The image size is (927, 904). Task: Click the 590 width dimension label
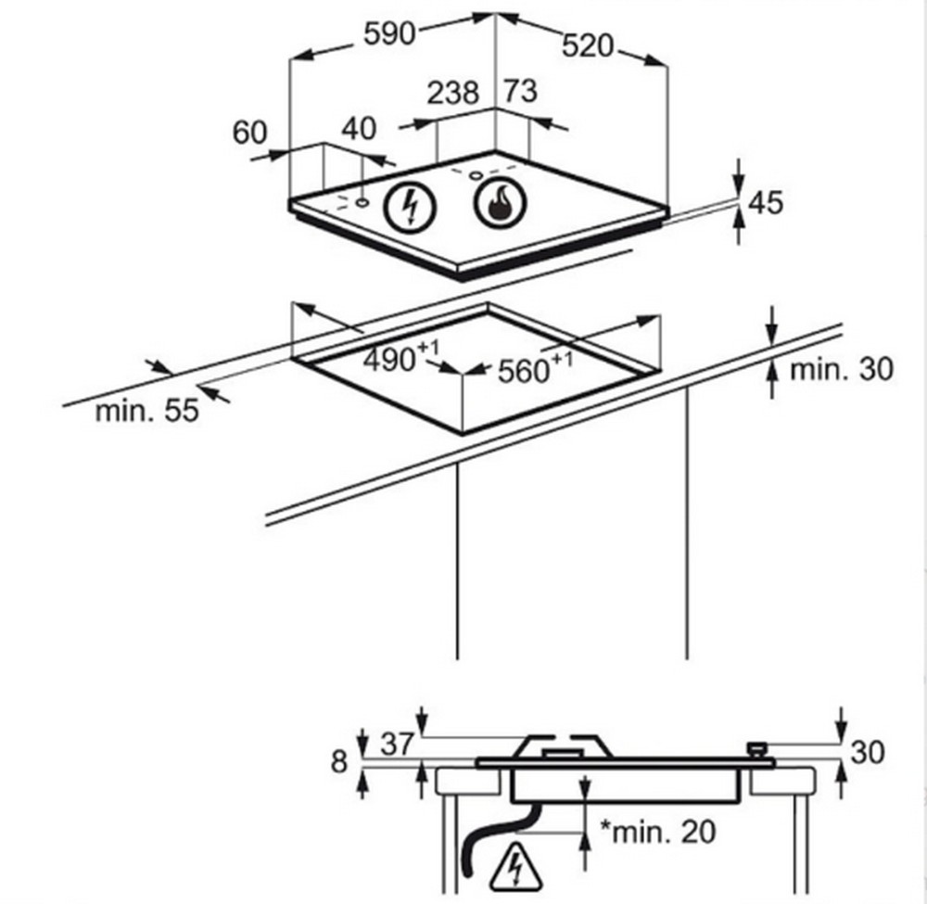click(x=387, y=33)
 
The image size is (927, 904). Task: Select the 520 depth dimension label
click(x=588, y=45)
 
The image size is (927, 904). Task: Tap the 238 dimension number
click(x=453, y=93)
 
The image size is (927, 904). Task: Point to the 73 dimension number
click(x=520, y=92)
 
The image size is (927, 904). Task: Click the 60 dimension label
click(x=249, y=133)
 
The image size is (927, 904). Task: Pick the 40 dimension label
click(x=360, y=129)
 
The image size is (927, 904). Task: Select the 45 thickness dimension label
click(x=765, y=202)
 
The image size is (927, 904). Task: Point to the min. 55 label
click(x=146, y=410)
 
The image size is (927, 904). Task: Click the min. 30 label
click(x=841, y=369)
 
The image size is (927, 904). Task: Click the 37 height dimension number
click(x=396, y=744)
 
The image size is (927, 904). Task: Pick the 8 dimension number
click(x=338, y=762)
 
